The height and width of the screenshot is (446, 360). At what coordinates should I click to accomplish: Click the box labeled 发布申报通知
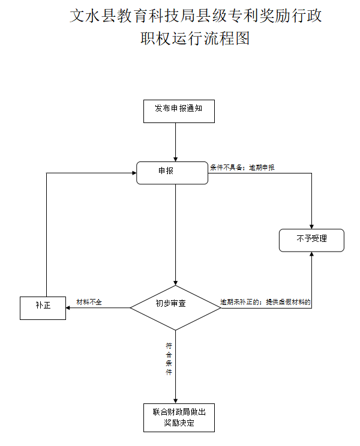point(179,109)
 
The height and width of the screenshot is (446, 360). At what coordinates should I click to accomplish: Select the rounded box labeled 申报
point(172,172)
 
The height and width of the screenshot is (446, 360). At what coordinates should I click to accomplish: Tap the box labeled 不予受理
point(311,240)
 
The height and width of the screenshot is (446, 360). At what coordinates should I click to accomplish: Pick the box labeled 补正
point(43,307)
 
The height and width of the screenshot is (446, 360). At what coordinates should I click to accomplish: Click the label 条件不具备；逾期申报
point(242,167)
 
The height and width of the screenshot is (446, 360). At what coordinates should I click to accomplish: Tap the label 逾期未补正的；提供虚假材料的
point(265,302)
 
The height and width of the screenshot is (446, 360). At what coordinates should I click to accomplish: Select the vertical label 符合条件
point(169,359)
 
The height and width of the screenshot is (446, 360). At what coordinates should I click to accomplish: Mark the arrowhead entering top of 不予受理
point(311,225)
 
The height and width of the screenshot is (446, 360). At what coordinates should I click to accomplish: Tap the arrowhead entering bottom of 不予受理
point(311,255)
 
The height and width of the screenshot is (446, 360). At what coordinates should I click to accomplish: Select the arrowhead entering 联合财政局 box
point(175,401)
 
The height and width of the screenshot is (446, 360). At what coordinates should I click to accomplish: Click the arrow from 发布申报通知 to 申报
point(175,142)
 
